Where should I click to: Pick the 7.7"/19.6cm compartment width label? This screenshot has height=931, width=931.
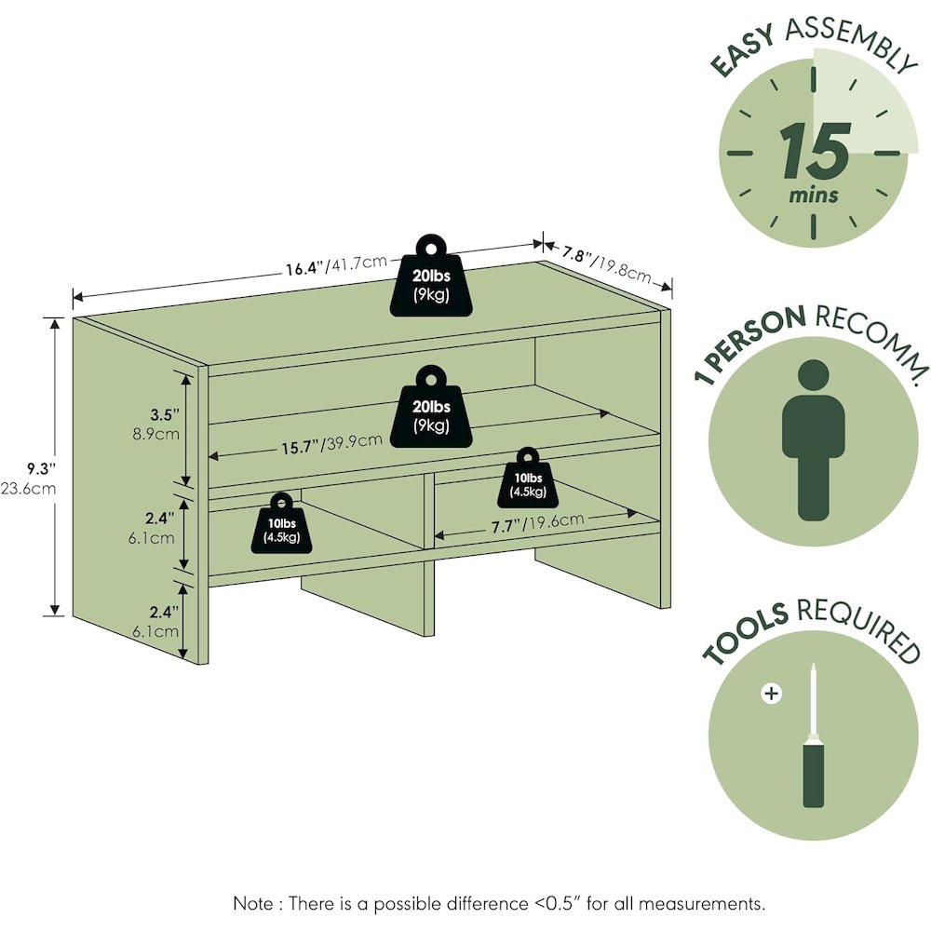coord(538,524)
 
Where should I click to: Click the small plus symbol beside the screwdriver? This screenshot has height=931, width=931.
coord(770,693)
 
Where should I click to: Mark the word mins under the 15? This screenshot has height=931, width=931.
coord(813,196)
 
